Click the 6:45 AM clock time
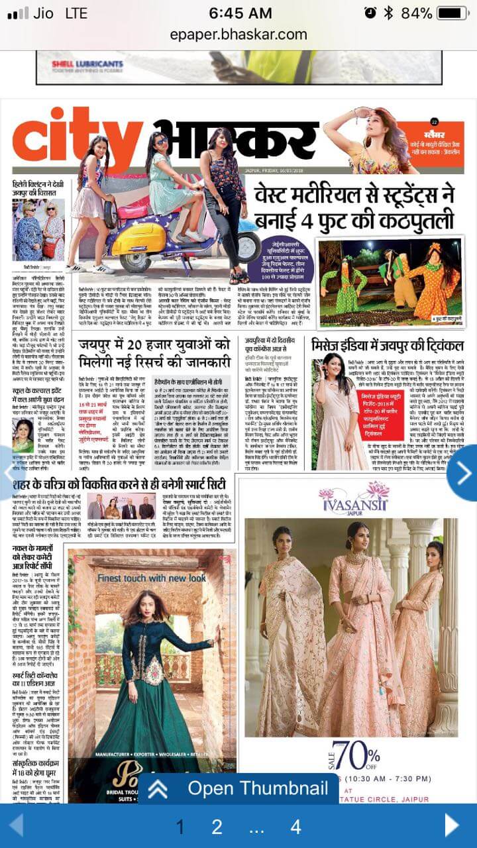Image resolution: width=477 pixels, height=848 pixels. click(x=240, y=14)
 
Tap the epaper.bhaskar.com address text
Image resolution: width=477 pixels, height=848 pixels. click(x=238, y=34)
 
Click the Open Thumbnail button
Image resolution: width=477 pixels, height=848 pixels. click(x=242, y=788)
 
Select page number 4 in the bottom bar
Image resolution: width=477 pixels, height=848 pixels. click(x=295, y=826)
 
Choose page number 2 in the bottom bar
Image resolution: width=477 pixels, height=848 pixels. click(x=216, y=826)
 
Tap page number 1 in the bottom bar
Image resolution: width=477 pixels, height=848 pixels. click(x=180, y=826)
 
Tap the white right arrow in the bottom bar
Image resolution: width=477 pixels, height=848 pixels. click(x=452, y=825)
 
